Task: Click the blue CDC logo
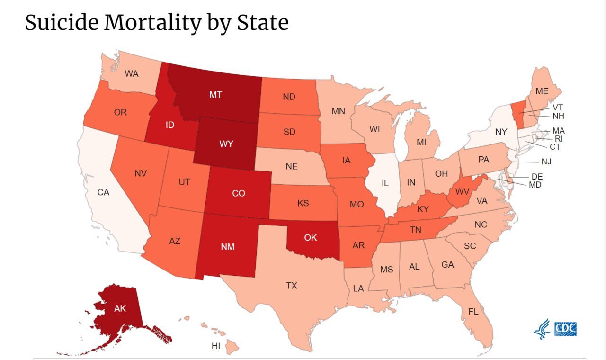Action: click(566, 329)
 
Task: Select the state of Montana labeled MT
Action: click(215, 95)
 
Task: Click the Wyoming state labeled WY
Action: click(226, 144)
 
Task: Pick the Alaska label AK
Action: click(120, 308)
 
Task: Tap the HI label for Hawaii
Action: click(216, 346)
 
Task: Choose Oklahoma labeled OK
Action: click(311, 238)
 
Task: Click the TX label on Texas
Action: click(292, 286)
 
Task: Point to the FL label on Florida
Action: click(473, 312)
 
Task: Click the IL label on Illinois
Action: click(385, 182)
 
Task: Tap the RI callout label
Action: click(559, 139)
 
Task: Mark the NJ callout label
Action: click(546, 162)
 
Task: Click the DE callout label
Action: click(537, 177)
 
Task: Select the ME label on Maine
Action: click(542, 91)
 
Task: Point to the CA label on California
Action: click(103, 192)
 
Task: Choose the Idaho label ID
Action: click(170, 125)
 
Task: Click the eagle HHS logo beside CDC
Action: click(542, 329)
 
